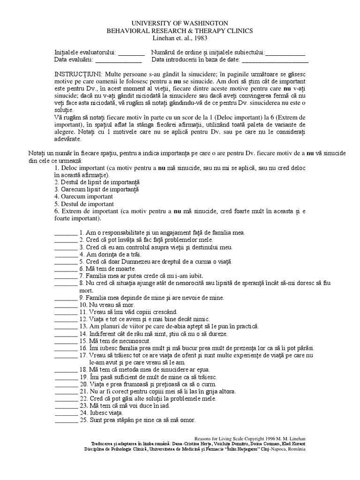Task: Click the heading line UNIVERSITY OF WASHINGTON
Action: (x=180, y=23)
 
